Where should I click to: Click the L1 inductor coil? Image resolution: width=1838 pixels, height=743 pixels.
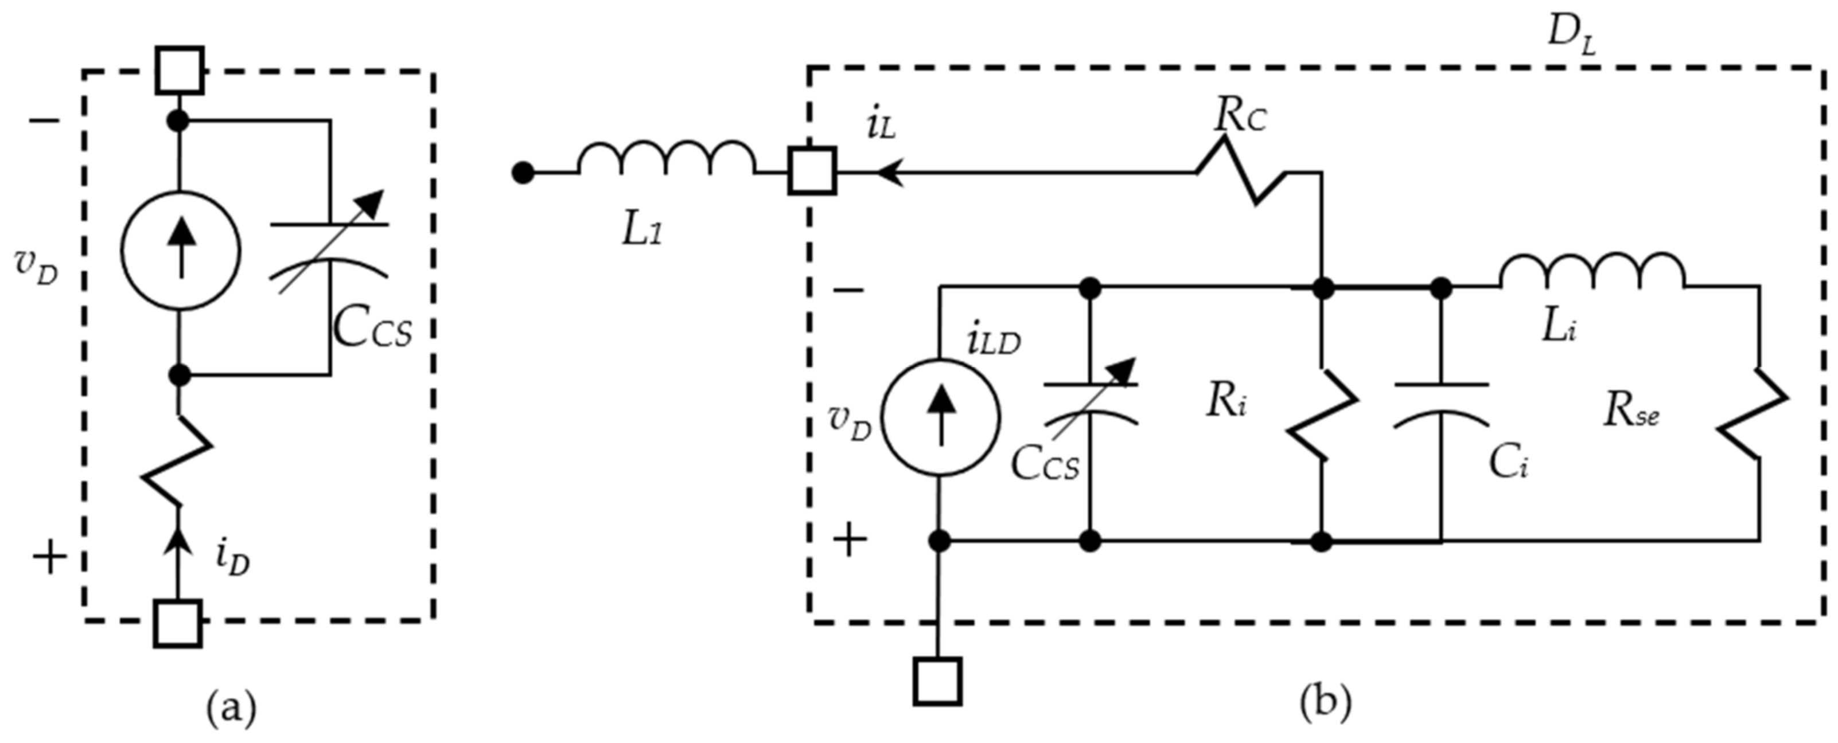coord(665,158)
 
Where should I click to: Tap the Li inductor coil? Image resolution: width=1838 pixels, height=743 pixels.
coord(1592,272)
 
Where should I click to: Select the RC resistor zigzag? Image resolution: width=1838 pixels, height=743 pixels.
coord(1241,172)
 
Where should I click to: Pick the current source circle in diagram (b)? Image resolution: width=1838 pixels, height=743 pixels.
coord(940,417)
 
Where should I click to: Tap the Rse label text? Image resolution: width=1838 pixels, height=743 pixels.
coord(1631,412)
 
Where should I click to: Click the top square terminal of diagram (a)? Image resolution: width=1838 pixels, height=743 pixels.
coord(180,71)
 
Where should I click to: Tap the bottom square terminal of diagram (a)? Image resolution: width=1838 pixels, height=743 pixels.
coord(178,623)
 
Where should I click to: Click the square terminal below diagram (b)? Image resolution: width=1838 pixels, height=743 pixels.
coord(937,682)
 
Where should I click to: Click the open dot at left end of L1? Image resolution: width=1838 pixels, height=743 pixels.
coord(523,173)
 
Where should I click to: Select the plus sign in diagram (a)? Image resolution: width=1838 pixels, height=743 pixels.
coord(50,557)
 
